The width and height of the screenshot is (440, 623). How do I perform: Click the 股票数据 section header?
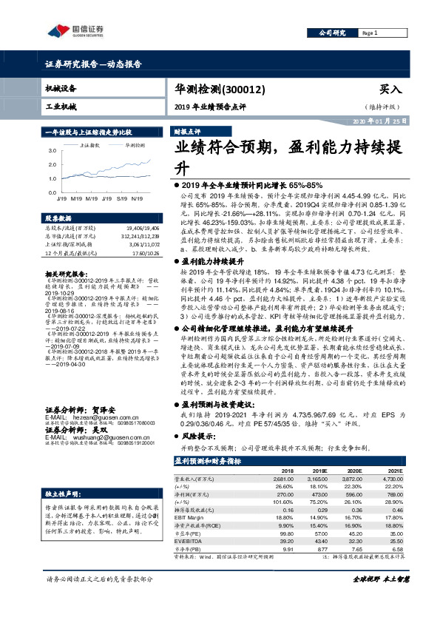coord(60,219)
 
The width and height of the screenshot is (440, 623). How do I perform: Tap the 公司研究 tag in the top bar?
coord(331,33)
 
